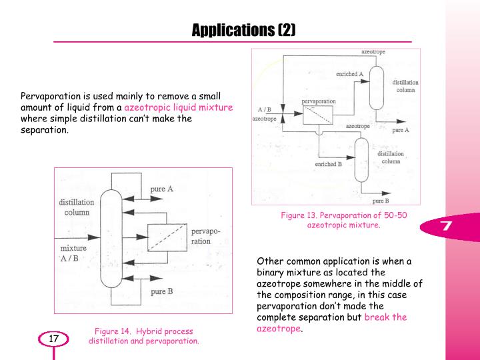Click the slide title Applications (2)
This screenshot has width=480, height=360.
243,30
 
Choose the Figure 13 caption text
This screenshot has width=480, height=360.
343,220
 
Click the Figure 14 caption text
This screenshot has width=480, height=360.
143,336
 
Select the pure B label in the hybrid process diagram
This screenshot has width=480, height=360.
162,292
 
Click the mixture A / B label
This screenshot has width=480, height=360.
73,253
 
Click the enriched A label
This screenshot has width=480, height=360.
349,74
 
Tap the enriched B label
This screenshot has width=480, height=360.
329,164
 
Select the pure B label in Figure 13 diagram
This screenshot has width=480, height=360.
381,201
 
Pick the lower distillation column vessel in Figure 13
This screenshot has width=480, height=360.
361,160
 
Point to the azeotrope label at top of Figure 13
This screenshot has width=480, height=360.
373,52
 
